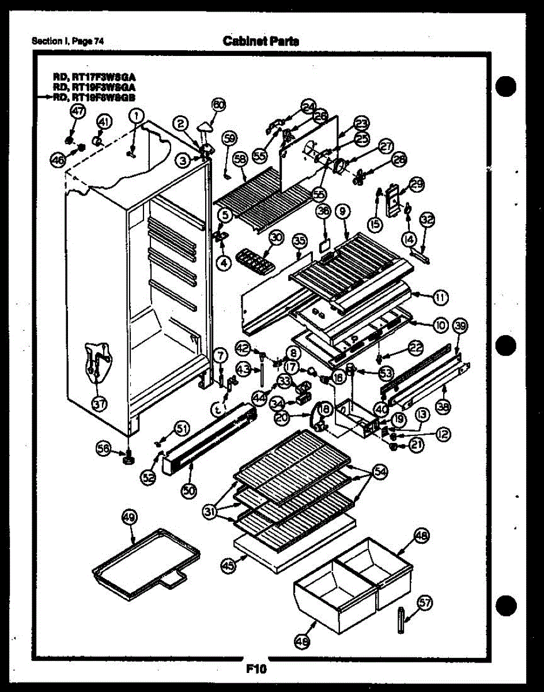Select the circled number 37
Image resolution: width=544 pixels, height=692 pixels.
coord(100,404)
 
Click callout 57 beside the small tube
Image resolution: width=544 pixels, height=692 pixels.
coord(425,603)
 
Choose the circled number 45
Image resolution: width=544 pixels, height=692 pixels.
coord(229,566)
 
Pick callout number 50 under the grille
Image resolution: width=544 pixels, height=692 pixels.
coord(189,490)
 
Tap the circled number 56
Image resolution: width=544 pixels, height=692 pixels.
coord(104,453)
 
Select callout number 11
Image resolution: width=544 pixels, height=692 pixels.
coord(441,298)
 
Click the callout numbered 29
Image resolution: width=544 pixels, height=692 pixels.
coord(416,184)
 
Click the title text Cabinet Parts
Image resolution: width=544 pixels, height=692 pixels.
coord(260,41)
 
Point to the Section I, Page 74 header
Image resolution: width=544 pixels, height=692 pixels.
coord(67,41)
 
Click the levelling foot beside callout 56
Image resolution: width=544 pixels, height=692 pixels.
coord(127,458)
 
